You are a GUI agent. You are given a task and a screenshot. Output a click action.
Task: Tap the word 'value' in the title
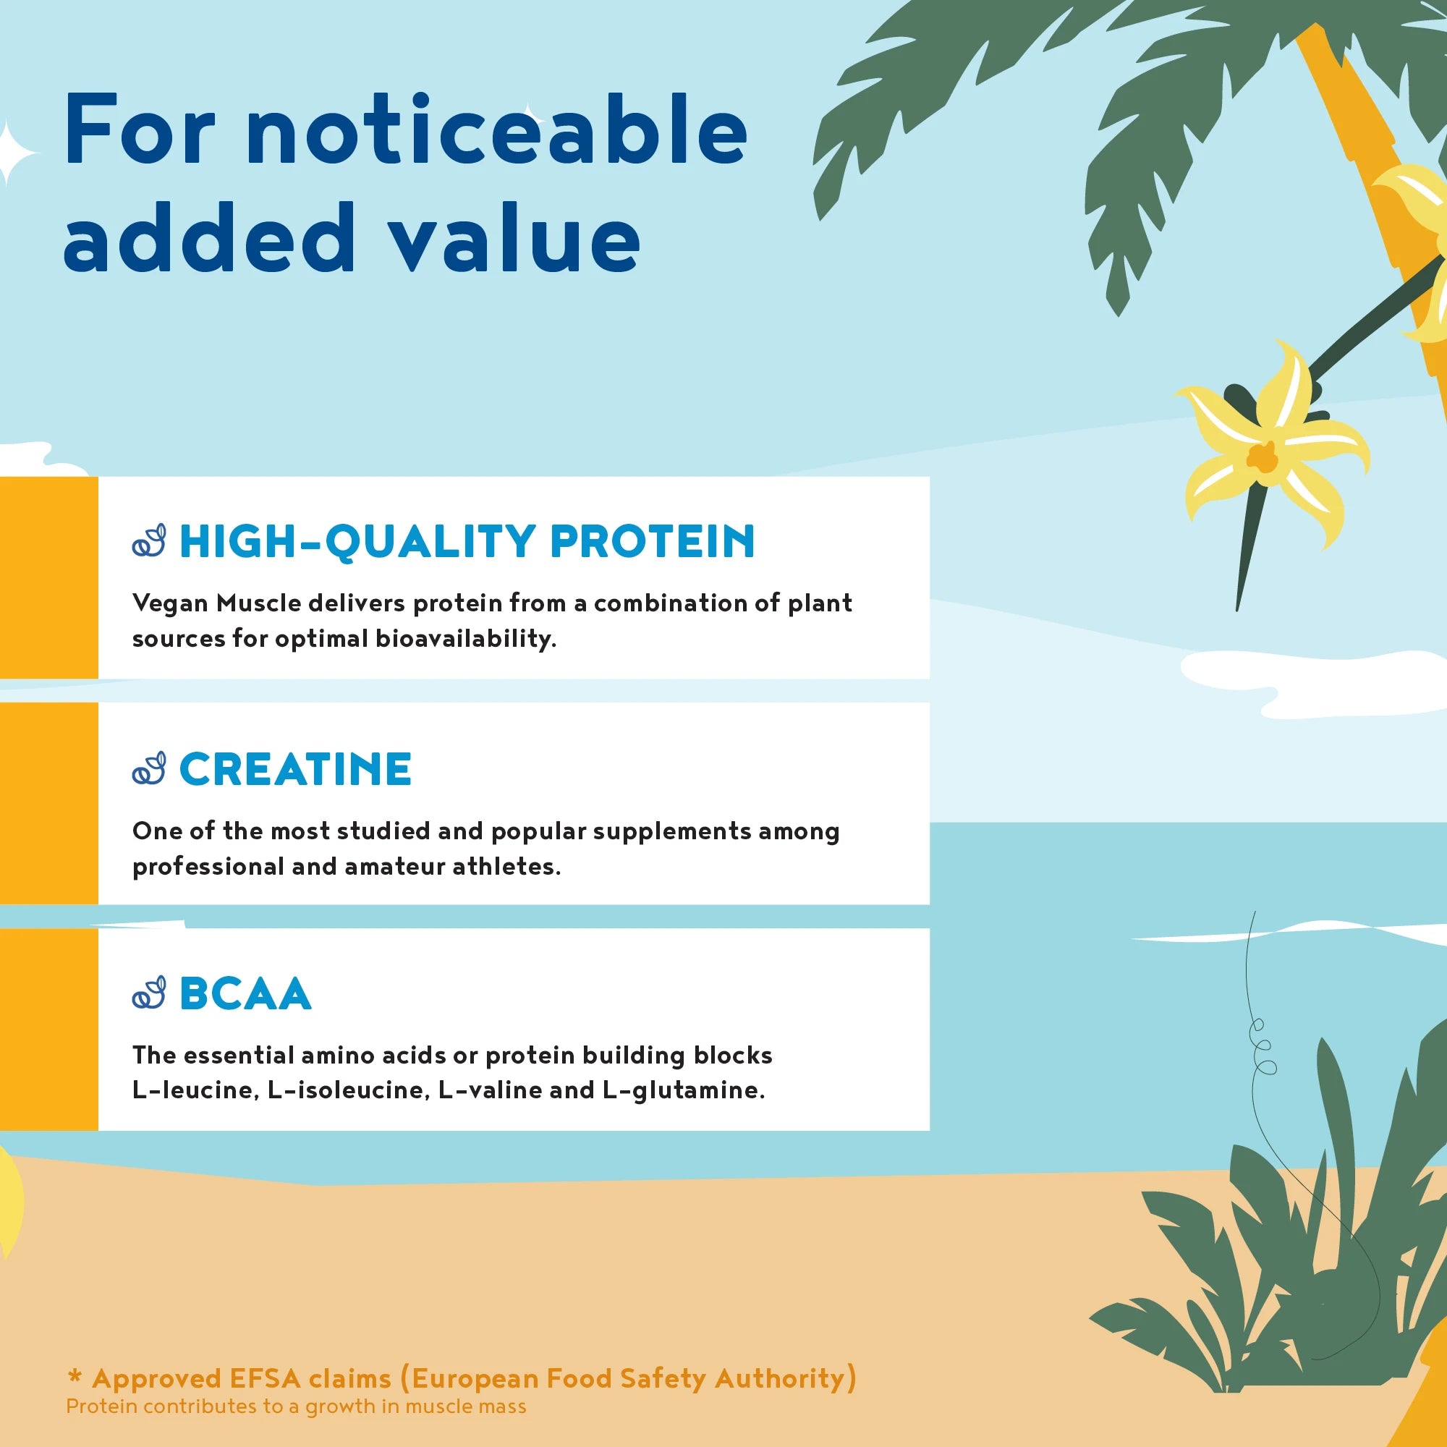(x=516, y=238)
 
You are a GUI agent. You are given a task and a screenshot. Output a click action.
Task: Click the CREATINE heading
(x=295, y=768)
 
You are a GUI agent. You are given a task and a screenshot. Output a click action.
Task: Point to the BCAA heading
(x=245, y=994)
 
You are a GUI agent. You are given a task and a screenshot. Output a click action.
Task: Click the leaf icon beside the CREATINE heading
(x=149, y=768)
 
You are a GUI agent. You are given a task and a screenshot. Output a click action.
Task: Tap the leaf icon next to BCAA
(x=149, y=993)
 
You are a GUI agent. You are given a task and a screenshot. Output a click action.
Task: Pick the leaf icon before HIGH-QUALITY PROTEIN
(x=149, y=540)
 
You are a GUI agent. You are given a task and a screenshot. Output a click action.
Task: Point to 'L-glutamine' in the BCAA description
(x=682, y=1090)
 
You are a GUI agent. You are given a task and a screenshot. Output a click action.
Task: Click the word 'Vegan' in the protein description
(x=170, y=603)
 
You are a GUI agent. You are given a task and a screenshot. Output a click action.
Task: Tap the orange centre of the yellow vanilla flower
(x=1263, y=456)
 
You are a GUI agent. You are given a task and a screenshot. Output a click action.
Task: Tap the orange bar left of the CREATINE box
(x=48, y=803)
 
